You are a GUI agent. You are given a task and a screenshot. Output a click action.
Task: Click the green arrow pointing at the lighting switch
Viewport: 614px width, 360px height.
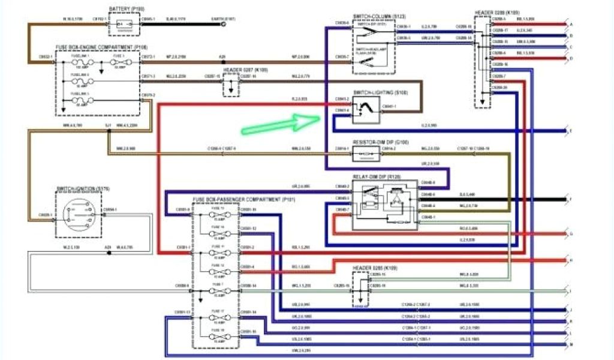282,123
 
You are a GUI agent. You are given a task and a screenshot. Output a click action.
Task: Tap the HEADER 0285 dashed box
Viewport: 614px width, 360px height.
360,289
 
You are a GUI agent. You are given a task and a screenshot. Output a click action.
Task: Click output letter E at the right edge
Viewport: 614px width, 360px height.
570,130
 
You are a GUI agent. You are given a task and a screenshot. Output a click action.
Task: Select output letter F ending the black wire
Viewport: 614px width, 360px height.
570,199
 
